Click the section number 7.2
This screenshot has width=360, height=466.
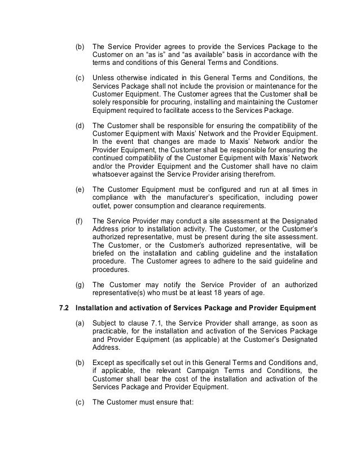[65, 307]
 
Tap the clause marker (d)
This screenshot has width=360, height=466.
[80, 125]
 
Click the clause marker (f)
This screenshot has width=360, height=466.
[80, 222]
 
